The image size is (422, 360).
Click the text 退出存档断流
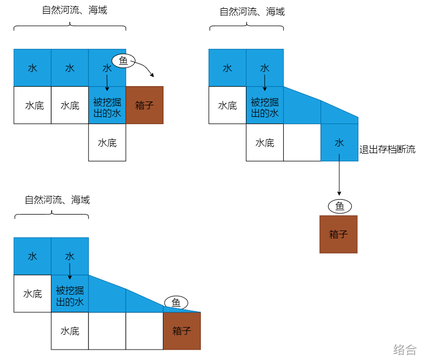tap(387, 149)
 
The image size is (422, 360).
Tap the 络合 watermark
tap(405, 349)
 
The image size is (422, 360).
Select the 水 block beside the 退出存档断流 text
tap(339, 143)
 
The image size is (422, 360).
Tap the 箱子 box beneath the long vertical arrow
tap(339, 234)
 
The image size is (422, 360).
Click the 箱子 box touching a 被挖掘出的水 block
tap(144, 105)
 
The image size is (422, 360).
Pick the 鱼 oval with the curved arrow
tap(123, 60)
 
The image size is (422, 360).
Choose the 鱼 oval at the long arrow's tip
tap(340, 206)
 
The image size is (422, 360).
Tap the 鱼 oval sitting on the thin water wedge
tap(176, 302)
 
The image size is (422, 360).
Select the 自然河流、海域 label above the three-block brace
tap(75, 10)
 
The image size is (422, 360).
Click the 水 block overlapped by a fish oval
tap(107, 68)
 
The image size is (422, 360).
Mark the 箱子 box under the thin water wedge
tap(182, 331)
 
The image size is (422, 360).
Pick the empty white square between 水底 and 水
tap(302, 143)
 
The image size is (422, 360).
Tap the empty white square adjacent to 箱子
tap(144, 331)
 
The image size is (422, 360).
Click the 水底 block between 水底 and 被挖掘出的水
tap(70, 105)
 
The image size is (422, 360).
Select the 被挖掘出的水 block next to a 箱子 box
tap(107, 105)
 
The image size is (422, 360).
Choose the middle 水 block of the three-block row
tap(70, 68)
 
